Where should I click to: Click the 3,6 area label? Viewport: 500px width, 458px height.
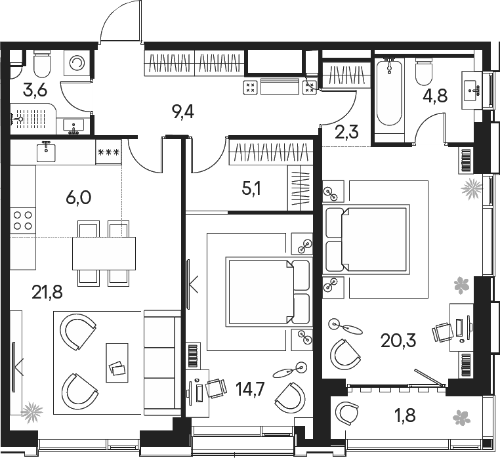[35, 91]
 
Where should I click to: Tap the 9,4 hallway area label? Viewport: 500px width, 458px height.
[182, 113]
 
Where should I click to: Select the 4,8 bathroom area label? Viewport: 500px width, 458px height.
[435, 96]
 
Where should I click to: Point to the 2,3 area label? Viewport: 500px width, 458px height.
[346, 132]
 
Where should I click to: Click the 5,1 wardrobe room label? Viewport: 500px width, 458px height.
[251, 189]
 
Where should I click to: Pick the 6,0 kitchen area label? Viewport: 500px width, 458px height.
[79, 198]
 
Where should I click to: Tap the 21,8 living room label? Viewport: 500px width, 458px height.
[47, 293]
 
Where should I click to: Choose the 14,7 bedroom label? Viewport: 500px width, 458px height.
[250, 389]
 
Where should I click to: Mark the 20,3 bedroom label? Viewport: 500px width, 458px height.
[398, 341]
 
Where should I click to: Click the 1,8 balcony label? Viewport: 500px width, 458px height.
[406, 415]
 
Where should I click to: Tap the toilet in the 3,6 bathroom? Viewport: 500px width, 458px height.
[42, 64]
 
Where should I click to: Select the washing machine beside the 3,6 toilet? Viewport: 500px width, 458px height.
[77, 63]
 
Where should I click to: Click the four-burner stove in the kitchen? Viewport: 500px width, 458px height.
[23, 220]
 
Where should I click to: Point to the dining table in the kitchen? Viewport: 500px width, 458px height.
[104, 253]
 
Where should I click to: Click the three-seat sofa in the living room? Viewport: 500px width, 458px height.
[162, 363]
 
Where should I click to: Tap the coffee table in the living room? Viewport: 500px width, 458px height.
[117, 363]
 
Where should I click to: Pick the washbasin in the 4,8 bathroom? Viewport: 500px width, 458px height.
[472, 91]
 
